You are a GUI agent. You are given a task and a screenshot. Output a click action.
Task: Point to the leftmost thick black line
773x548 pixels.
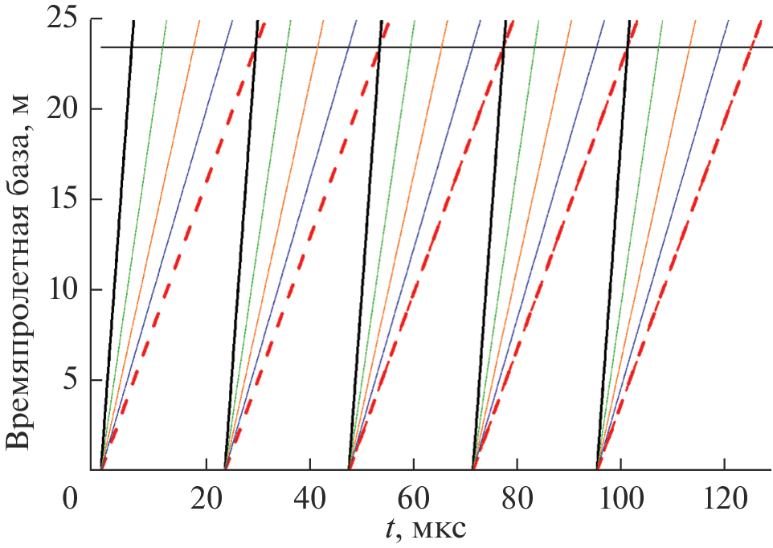click(117, 241)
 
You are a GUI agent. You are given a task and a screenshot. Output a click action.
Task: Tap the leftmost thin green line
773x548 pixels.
click(133, 241)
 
